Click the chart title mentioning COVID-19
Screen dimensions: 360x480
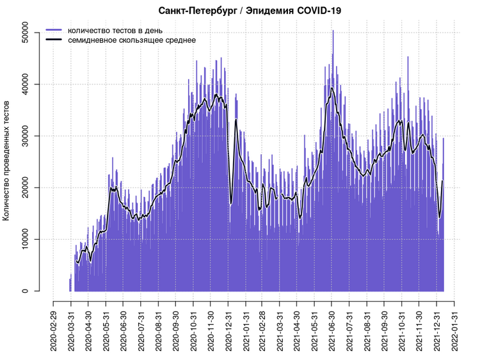(x=250, y=10)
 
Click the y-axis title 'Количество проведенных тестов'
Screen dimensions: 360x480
(x=6, y=160)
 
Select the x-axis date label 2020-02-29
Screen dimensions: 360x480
(x=54, y=331)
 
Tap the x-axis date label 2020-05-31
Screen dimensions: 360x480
(x=106, y=331)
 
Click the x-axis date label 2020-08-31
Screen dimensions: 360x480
(x=158, y=331)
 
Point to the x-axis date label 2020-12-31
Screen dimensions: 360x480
(x=228, y=331)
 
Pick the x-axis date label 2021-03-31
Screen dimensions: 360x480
(x=280, y=331)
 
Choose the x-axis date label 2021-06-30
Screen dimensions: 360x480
(x=332, y=331)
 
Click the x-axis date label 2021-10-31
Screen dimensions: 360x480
(x=401, y=331)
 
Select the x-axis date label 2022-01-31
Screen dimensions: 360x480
(x=454, y=331)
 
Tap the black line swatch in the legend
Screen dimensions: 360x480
(x=54, y=40)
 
